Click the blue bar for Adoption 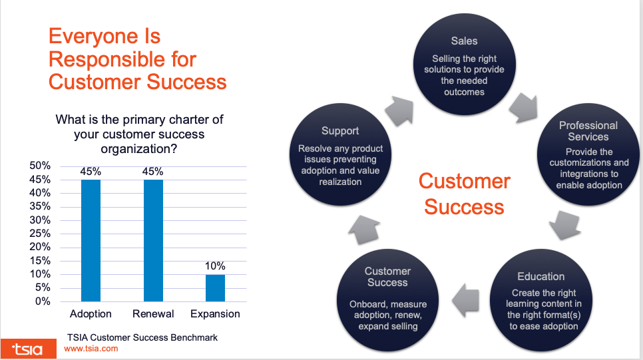click(91, 240)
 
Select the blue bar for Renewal click(153, 240)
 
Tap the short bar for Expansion click(215, 287)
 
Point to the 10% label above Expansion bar click(215, 266)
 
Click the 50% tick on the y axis click(41, 166)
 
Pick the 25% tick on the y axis click(41, 234)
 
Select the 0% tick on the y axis click(43, 301)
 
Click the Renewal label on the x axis click(153, 313)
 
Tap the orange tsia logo click(27, 347)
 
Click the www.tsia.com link click(91, 348)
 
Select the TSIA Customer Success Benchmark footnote click(142, 337)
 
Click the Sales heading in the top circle click(464, 41)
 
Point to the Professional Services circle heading click(588, 130)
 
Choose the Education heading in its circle click(540, 276)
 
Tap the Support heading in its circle click(340, 131)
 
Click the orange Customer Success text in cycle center click(464, 194)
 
